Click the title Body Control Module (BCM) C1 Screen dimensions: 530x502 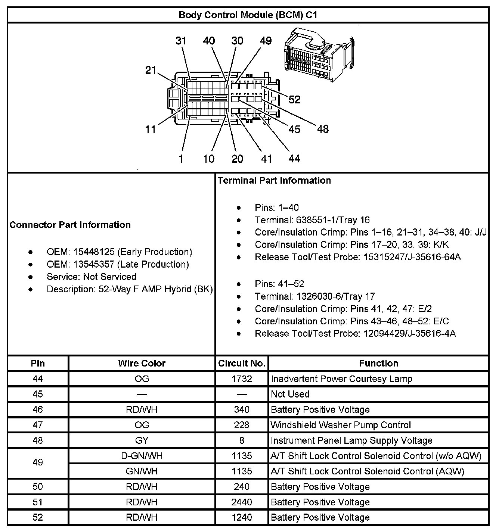click(248, 15)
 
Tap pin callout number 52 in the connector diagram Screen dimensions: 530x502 click(294, 99)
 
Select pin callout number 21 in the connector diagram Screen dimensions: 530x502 click(150, 70)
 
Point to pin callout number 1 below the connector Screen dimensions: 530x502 click(181, 159)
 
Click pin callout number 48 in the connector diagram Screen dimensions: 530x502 click(323, 129)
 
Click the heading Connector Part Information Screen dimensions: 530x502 click(70, 225)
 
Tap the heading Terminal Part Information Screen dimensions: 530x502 click(274, 181)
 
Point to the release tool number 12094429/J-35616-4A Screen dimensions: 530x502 click(409, 333)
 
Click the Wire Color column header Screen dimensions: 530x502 click(142, 363)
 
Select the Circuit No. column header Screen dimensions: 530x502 click(242, 363)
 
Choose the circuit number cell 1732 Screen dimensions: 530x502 click(242, 379)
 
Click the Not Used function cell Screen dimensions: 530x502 click(290, 394)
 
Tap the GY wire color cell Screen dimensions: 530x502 click(142, 440)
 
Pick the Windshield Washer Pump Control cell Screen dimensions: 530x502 click(341, 425)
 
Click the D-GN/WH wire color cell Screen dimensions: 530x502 click(142, 456)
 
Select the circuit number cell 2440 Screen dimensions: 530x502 click(242, 502)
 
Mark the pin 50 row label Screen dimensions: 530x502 click(38, 487)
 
